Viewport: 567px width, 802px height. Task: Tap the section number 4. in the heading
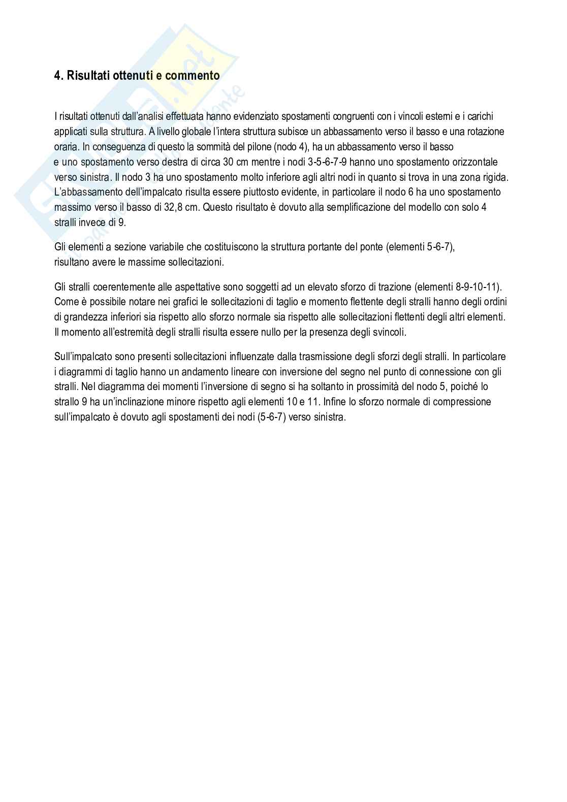(x=59, y=76)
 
